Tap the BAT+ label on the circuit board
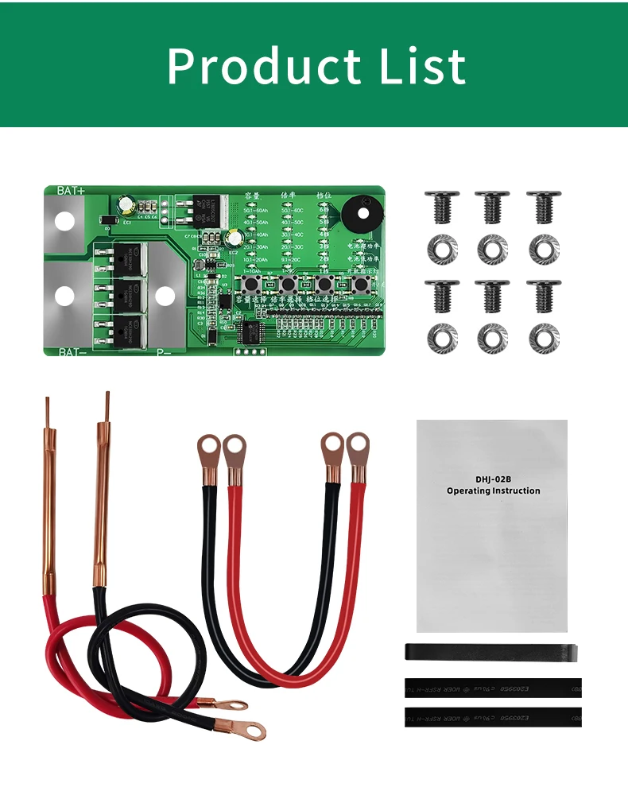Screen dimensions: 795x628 [x=71, y=192]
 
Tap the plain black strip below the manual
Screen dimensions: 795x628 [x=490, y=652]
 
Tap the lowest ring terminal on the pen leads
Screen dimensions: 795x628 [x=252, y=727]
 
